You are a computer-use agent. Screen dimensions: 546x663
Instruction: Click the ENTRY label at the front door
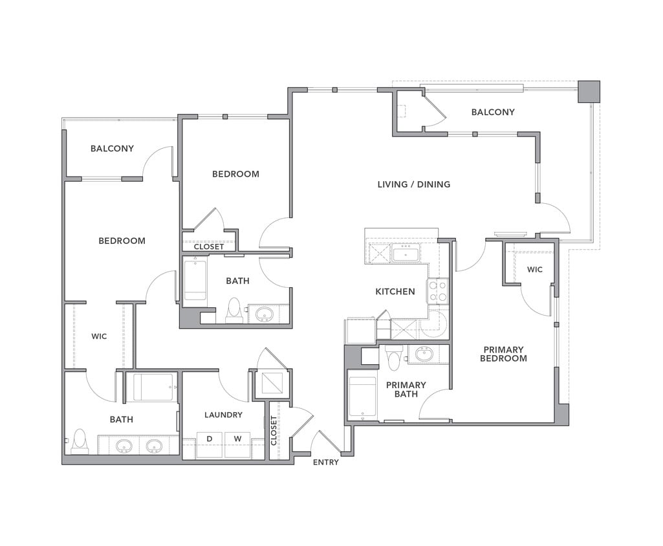click(x=325, y=462)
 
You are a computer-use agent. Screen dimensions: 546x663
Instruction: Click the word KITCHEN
click(x=395, y=292)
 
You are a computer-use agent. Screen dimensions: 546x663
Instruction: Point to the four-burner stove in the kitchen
click(x=437, y=291)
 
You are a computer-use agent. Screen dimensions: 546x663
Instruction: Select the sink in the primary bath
click(x=425, y=355)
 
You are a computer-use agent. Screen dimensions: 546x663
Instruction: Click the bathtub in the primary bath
click(x=362, y=396)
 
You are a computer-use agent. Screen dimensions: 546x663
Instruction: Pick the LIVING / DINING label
click(x=414, y=184)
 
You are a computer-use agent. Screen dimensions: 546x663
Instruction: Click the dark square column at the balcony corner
click(x=589, y=91)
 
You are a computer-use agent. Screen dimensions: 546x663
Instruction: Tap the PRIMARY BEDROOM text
click(x=504, y=354)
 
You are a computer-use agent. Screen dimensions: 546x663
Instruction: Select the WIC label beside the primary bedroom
click(x=535, y=269)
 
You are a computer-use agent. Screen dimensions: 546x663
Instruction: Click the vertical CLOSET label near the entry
click(x=274, y=429)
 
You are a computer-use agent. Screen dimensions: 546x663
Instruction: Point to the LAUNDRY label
click(x=223, y=415)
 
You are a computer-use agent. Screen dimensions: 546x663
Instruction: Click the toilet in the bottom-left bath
click(x=80, y=442)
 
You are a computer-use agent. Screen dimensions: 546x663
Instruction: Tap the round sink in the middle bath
click(x=264, y=315)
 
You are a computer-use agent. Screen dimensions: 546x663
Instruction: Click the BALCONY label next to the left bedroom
click(x=112, y=149)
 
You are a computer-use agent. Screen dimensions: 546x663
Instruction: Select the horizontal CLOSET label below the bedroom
click(x=209, y=246)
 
